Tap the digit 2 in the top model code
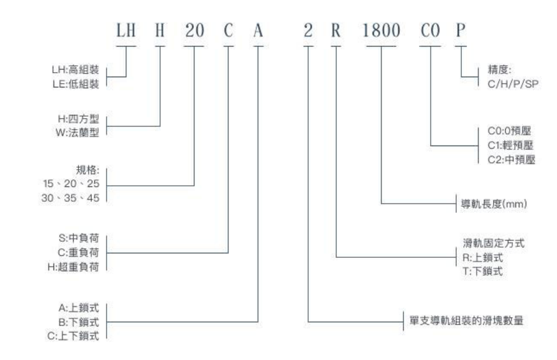pyautogui.click(x=308, y=31)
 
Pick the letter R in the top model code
pyautogui.click(x=336, y=31)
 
